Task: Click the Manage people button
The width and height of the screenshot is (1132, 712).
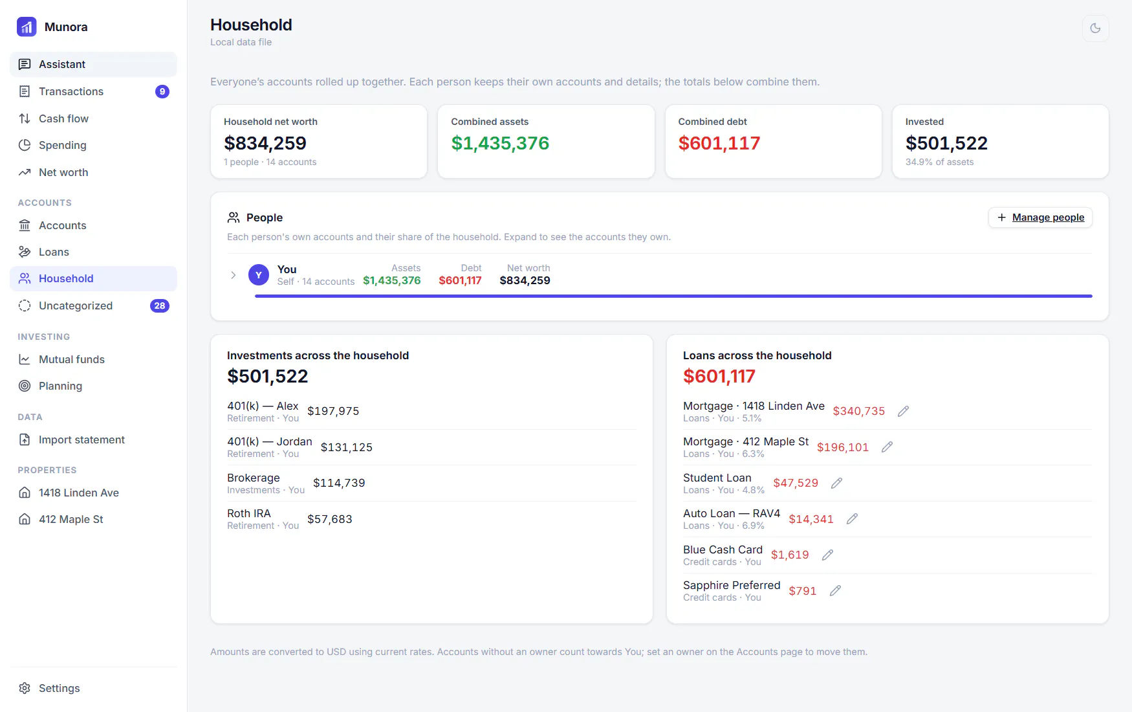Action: pyautogui.click(x=1040, y=217)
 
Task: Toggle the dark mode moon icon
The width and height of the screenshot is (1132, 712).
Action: pyautogui.click(x=1095, y=28)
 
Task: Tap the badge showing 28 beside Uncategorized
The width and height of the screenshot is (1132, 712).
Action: pyautogui.click(x=160, y=306)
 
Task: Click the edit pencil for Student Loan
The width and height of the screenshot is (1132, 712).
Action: pyautogui.click(x=836, y=483)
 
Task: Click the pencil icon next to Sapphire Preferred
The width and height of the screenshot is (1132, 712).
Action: pyautogui.click(x=835, y=590)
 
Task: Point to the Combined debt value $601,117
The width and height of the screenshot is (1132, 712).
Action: pyautogui.click(x=719, y=143)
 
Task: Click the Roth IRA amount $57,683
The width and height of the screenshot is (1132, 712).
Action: pyautogui.click(x=330, y=519)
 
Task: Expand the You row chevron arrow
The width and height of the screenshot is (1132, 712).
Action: pyautogui.click(x=234, y=275)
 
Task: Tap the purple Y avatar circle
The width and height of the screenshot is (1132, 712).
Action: pyautogui.click(x=259, y=275)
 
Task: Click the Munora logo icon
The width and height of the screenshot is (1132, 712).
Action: pyautogui.click(x=27, y=27)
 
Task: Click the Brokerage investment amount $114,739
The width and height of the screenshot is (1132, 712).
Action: pyautogui.click(x=339, y=483)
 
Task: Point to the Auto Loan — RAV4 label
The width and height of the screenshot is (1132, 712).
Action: pyautogui.click(x=732, y=513)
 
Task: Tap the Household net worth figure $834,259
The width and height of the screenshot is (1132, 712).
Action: pyautogui.click(x=265, y=143)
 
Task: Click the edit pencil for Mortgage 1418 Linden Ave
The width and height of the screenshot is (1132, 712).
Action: pyautogui.click(x=903, y=411)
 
